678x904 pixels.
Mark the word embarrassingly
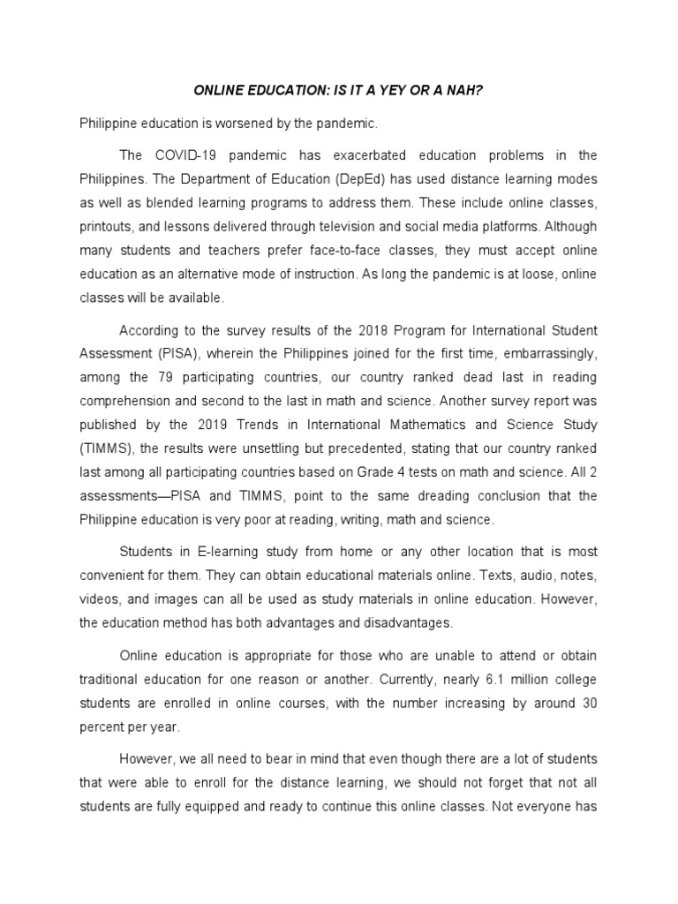pos(554,353)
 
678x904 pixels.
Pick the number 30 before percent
pos(589,704)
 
